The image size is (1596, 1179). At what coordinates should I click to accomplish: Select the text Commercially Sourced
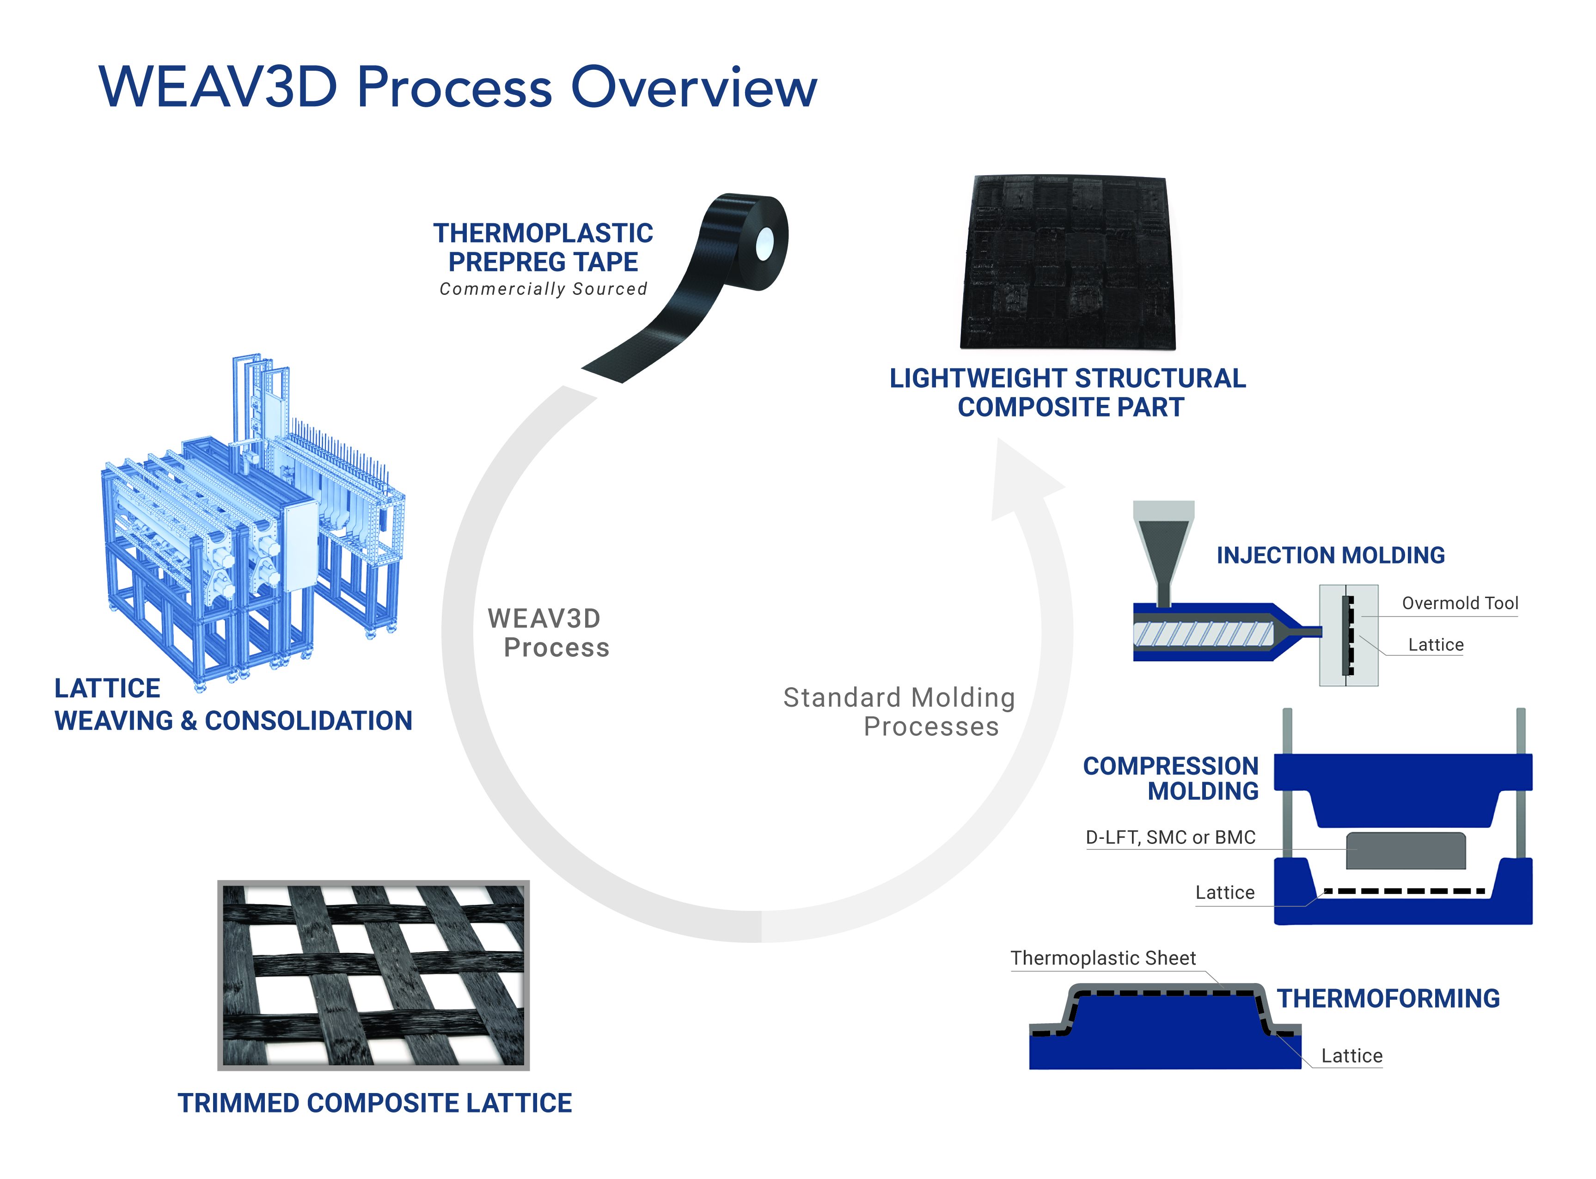[x=543, y=289]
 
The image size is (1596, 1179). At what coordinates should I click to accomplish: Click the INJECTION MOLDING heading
[x=1330, y=555]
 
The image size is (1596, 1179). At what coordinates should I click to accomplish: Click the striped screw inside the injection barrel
[x=1203, y=634]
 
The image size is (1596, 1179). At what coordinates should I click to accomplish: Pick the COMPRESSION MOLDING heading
[x=1171, y=778]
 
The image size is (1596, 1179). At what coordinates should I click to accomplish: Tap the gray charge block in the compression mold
[x=1405, y=851]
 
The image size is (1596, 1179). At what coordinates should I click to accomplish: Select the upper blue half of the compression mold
[x=1403, y=785]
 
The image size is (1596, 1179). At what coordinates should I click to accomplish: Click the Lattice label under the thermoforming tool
[x=1351, y=1056]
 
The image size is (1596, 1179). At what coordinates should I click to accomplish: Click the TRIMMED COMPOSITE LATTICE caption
[x=375, y=1103]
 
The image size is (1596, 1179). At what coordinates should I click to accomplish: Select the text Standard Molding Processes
[x=899, y=712]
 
